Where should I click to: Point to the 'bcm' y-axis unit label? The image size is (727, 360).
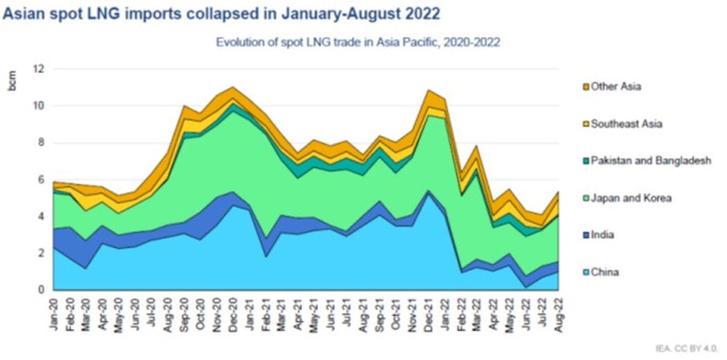(x=12, y=81)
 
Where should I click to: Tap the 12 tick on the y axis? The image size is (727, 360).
(x=39, y=69)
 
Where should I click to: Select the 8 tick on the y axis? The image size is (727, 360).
(x=41, y=143)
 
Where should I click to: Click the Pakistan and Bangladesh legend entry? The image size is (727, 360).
(x=651, y=161)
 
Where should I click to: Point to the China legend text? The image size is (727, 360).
(x=605, y=272)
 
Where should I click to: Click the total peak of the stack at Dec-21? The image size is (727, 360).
(x=429, y=91)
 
